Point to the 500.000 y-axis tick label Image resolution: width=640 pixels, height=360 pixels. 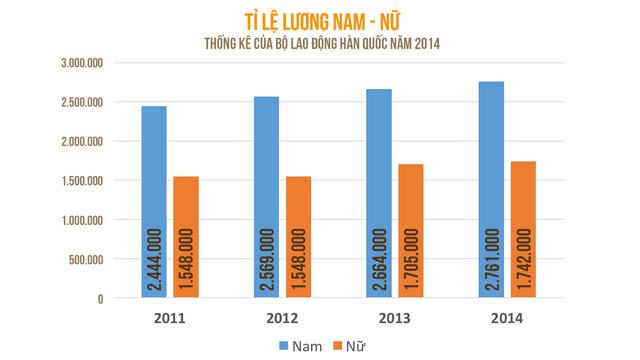click(x=84, y=259)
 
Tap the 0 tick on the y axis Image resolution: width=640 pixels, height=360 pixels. click(x=100, y=298)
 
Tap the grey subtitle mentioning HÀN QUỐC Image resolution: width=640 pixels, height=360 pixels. click(x=320, y=42)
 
